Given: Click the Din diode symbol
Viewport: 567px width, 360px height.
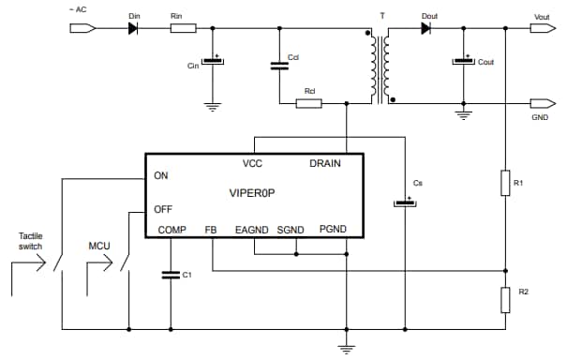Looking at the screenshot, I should coord(132,28).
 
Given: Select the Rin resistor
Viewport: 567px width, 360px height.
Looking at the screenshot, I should coord(183,28).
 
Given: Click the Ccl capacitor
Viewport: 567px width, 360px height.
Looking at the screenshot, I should coord(278,66).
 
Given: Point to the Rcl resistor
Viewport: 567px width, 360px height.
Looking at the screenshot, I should coord(308,102).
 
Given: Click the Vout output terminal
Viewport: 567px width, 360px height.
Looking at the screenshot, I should coord(541,28).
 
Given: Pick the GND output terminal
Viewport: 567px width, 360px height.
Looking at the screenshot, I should coord(541,102).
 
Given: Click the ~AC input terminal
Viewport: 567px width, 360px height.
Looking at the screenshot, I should coord(82,28).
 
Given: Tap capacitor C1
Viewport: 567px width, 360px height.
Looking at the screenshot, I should coord(171,275).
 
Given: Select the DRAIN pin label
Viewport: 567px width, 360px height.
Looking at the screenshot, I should coord(324,163).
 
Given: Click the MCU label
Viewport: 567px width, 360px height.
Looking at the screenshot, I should coord(99,246).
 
